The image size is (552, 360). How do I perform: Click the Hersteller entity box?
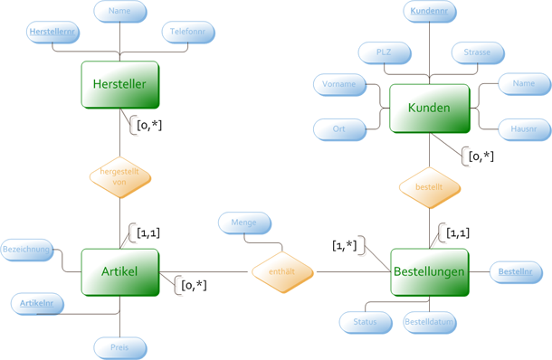pyautogui.click(x=119, y=85)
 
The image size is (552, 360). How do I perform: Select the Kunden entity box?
pyautogui.click(x=429, y=109)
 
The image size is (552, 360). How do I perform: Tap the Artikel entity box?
pyautogui.click(x=119, y=272)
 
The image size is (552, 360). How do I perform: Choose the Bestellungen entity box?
pyautogui.click(x=430, y=272)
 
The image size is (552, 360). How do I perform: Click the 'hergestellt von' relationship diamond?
pyautogui.click(x=119, y=176)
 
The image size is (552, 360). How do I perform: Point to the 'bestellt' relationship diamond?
pyautogui.click(x=430, y=188)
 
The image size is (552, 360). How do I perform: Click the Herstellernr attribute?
pyautogui.click(x=53, y=33)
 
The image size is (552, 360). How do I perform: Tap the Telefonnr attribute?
pyautogui.click(x=188, y=33)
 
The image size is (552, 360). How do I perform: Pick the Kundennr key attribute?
pyautogui.click(x=430, y=12)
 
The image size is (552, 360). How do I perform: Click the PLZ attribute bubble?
pyautogui.click(x=384, y=52)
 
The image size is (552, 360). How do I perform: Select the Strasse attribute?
pyautogui.click(x=477, y=52)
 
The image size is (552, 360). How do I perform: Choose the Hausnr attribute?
pyautogui.click(x=524, y=129)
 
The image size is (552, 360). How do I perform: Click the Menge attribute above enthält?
pyautogui.click(x=243, y=223)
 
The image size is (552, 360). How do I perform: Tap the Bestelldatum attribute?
pyautogui.click(x=429, y=322)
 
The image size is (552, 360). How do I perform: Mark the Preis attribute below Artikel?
pyautogui.click(x=119, y=347)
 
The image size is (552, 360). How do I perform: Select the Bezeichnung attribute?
pyautogui.click(x=26, y=248)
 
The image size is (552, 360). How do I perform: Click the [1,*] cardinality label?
pyautogui.click(x=344, y=246)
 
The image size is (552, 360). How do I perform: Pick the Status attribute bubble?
pyautogui.click(x=366, y=322)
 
